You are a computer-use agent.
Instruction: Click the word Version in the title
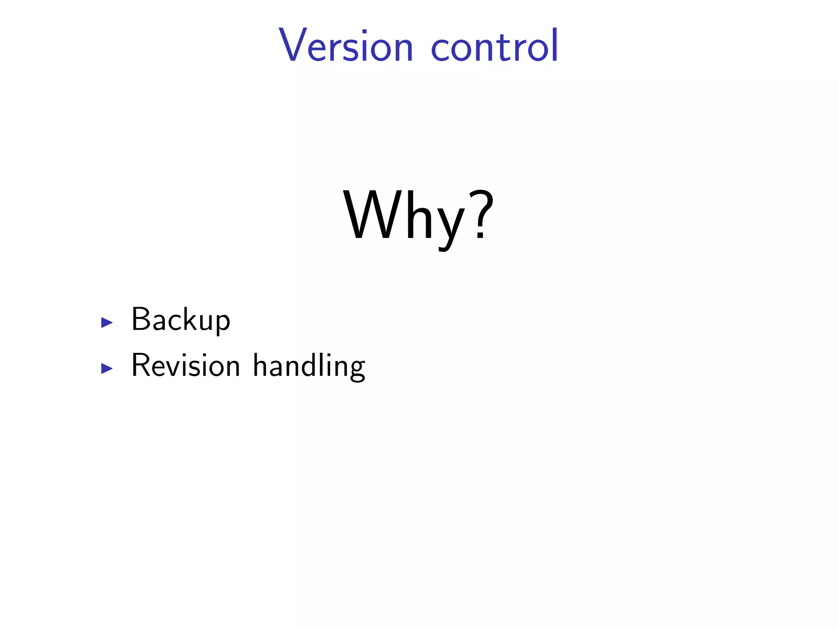346,46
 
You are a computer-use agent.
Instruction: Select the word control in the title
494,46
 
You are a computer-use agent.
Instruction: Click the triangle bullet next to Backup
107,323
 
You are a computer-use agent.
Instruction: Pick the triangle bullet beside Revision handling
107,368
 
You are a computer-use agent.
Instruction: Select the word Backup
180,320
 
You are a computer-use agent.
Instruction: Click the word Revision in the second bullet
185,365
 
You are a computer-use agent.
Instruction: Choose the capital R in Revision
141,365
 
